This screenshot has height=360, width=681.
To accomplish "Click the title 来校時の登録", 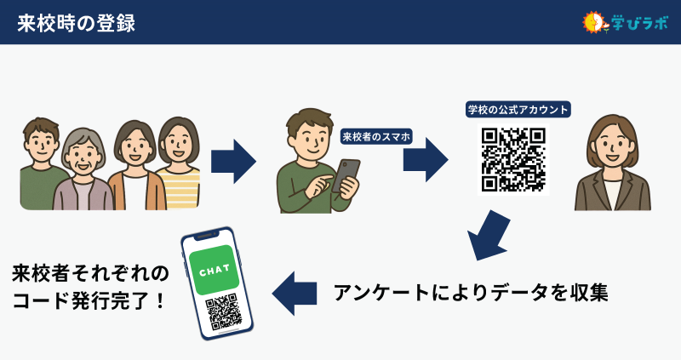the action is [x=76, y=23].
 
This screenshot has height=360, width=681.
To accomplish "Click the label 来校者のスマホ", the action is [x=376, y=136].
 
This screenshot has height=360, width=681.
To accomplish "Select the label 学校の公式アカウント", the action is [x=518, y=110].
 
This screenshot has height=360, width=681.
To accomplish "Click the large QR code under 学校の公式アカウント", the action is [x=513, y=159].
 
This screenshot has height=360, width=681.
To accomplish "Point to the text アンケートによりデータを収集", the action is [x=471, y=292].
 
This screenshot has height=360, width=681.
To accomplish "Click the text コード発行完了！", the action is [x=89, y=302].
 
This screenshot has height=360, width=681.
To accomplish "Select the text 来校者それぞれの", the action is [x=90, y=273].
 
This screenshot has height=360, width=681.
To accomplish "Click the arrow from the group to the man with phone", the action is [x=233, y=160].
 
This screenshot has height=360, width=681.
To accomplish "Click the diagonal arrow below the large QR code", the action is [x=489, y=234].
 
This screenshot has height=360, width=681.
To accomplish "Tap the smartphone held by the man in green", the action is [x=346, y=175].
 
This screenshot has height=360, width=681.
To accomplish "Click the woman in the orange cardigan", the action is [x=131, y=166].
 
